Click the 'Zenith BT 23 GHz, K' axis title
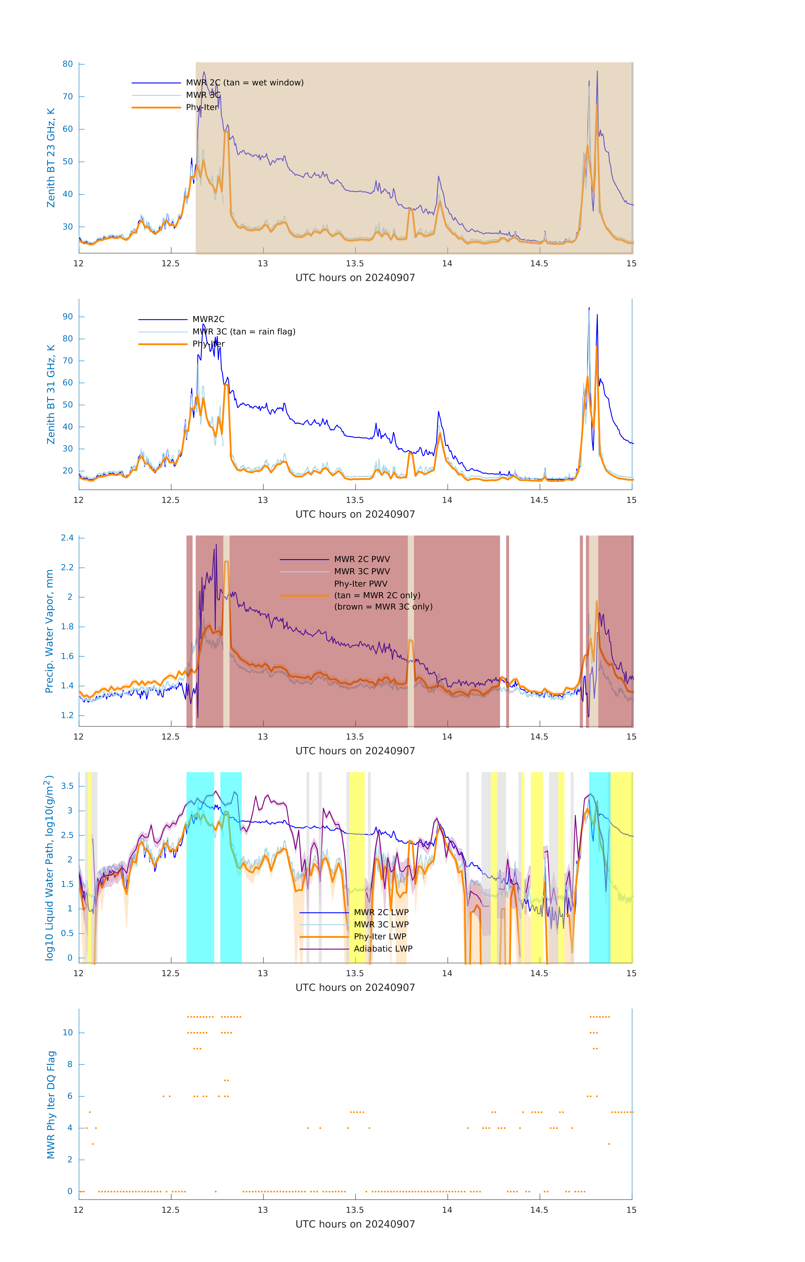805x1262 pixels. tap(51, 158)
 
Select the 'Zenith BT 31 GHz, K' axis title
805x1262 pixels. tap(51, 394)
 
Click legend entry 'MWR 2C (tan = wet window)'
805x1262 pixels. tap(244, 83)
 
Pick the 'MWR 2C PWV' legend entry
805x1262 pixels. tap(362, 559)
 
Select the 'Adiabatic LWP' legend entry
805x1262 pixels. tap(383, 949)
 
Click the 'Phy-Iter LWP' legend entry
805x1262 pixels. tap(380, 937)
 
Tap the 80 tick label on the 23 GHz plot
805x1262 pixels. tap(68, 64)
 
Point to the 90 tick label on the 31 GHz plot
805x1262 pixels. tap(68, 317)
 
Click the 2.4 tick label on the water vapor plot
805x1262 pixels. tap(67, 538)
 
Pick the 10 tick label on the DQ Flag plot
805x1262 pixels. tap(68, 1033)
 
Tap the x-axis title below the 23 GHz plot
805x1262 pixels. tap(355, 278)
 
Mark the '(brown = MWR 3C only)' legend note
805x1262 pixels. tap(383, 607)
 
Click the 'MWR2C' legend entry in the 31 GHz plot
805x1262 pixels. tap(208, 319)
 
